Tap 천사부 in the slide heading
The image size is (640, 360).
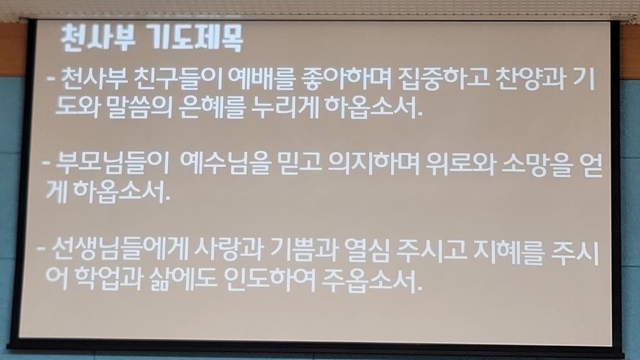pyautogui.click(x=97, y=38)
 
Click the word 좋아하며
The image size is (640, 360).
pyautogui.click(x=344, y=79)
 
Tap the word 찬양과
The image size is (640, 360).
pyautogui.click(x=530, y=79)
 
